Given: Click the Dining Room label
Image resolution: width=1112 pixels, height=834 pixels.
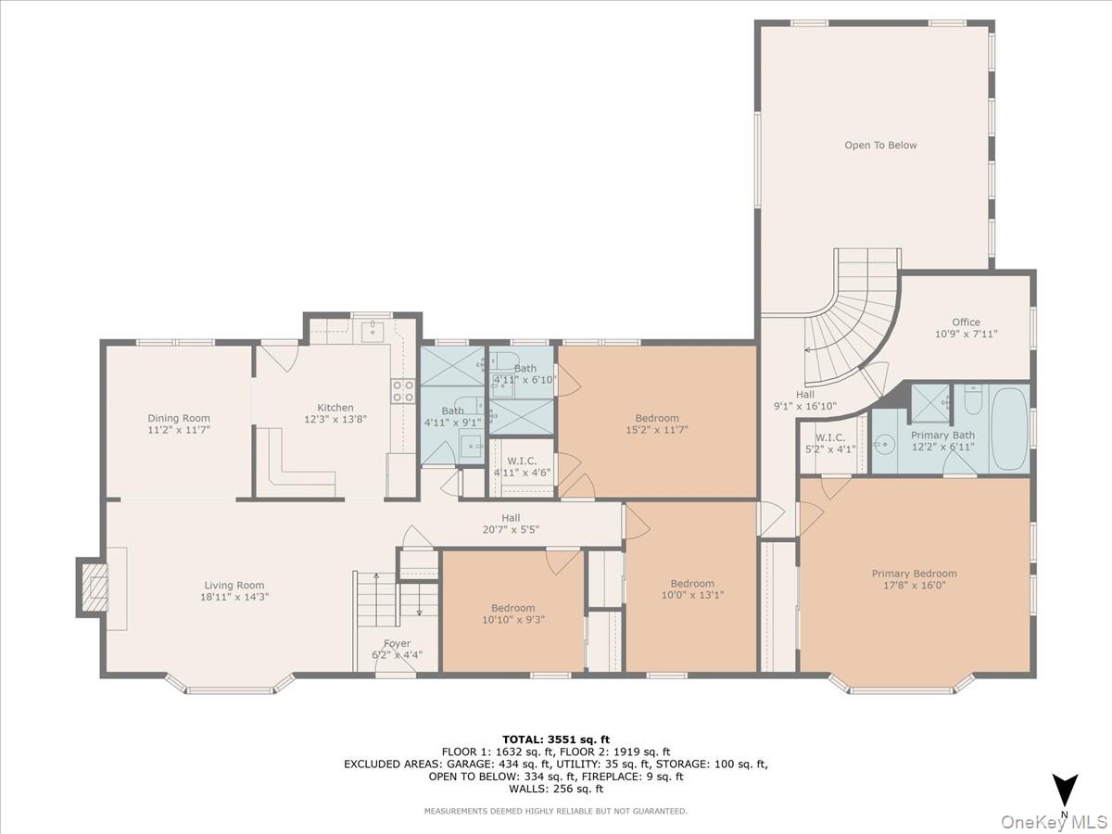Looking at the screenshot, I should pos(179,418).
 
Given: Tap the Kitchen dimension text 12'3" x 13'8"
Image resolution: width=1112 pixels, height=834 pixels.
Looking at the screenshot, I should pos(335,419).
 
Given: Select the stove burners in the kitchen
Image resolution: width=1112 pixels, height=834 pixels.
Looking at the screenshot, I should pos(402,391).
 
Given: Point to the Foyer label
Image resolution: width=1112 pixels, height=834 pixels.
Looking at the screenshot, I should pos(397,643).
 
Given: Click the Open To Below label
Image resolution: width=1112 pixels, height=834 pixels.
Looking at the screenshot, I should pos(880,145).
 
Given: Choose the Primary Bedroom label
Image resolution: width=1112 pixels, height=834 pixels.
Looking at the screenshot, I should pos(914,574).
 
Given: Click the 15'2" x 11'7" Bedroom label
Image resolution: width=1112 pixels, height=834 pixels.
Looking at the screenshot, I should pos(657,418).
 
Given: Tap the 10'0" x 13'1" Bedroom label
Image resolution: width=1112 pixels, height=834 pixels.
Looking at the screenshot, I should pos(692,584).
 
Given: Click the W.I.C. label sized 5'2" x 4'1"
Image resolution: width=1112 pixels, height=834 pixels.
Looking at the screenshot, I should pos(831,437).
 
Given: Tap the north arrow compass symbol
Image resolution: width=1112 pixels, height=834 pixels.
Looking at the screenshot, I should pos(1066,790).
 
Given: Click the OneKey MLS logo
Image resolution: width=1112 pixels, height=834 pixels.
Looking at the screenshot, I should pos(1072,821).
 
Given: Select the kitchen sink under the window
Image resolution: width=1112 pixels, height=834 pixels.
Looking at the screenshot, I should pos(373,331).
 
